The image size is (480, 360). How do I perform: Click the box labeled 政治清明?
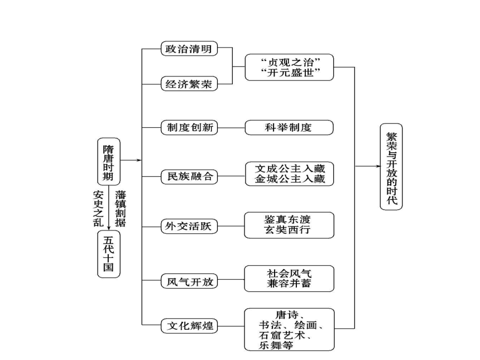[x=189, y=49]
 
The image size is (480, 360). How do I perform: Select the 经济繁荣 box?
[x=189, y=84]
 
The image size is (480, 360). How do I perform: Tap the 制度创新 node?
[x=189, y=127]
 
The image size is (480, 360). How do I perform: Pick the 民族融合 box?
[x=189, y=176]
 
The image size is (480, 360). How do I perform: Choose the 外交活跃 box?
[x=189, y=226]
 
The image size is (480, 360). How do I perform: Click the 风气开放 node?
[x=189, y=281]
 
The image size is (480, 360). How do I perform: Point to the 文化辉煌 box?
[x=189, y=326]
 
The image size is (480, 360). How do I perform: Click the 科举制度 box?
[x=289, y=127]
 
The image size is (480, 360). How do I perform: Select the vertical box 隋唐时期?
[x=109, y=162]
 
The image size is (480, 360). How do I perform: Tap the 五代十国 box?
[x=109, y=254]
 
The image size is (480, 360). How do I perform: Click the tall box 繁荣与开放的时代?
[x=391, y=167]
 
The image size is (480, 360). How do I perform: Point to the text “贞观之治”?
[x=290, y=62]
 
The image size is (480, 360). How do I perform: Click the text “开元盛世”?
[x=290, y=73]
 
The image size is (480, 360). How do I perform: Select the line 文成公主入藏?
[x=290, y=169]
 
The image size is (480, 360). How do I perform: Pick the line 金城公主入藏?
[x=290, y=179]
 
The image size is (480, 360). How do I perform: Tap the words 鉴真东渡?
[x=287, y=219]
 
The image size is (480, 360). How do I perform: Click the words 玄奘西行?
[x=287, y=229]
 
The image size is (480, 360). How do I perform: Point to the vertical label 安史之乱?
[x=98, y=209]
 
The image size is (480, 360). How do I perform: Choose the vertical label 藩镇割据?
[x=121, y=209]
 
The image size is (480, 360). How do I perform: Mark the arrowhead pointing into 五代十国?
[x=109, y=228]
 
